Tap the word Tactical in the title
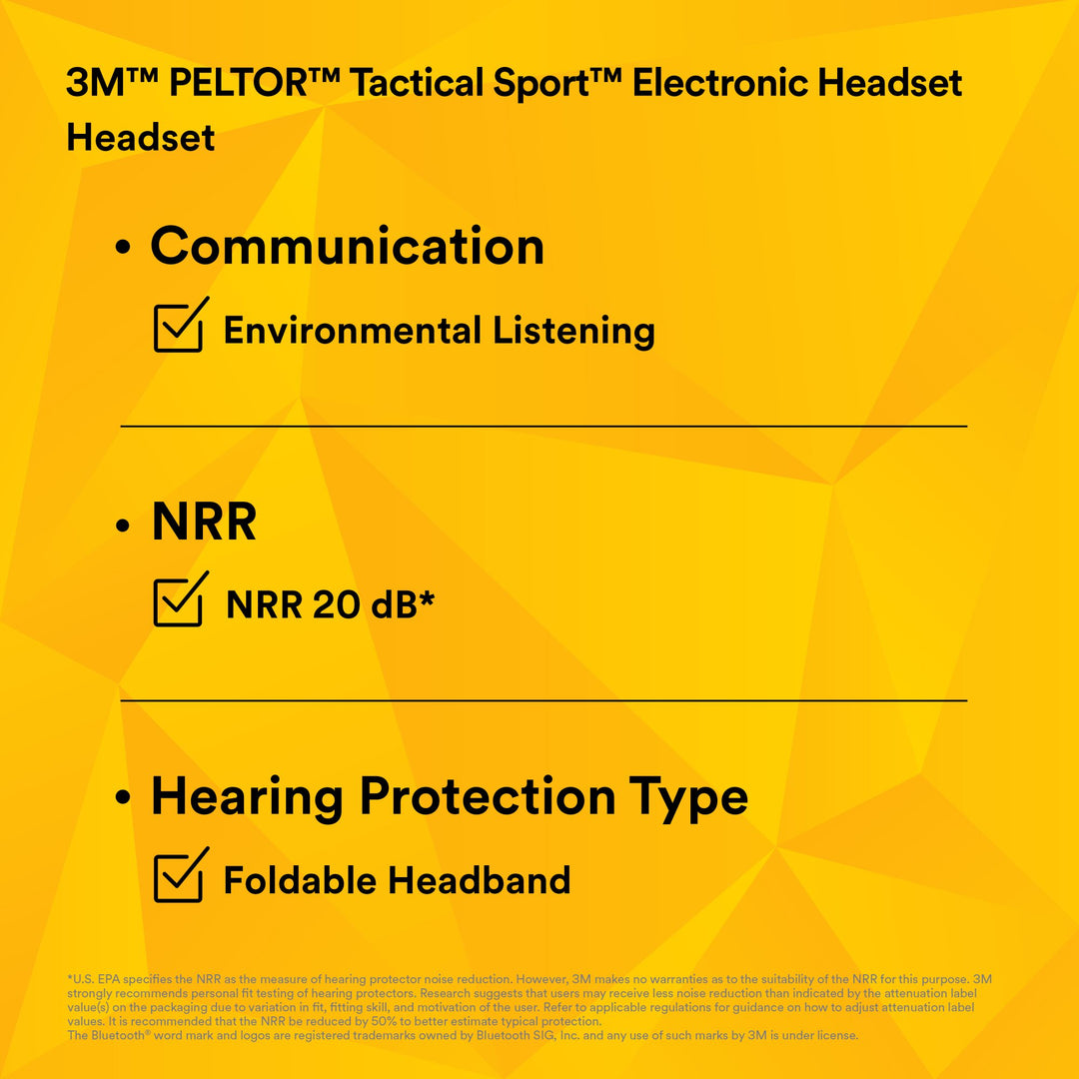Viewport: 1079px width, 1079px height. click(404, 84)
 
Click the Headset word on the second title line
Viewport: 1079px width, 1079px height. click(141, 138)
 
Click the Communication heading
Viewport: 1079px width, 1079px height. click(347, 247)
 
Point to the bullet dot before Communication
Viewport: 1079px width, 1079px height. click(124, 249)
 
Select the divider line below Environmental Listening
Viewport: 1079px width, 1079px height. click(543, 427)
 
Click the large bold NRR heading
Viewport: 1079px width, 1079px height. click(204, 523)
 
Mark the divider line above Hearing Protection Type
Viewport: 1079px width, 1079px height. click(543, 700)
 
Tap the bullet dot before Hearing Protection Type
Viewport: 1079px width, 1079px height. click(124, 799)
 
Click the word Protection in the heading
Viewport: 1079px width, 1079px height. click(487, 797)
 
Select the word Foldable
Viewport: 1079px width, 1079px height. click(300, 880)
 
